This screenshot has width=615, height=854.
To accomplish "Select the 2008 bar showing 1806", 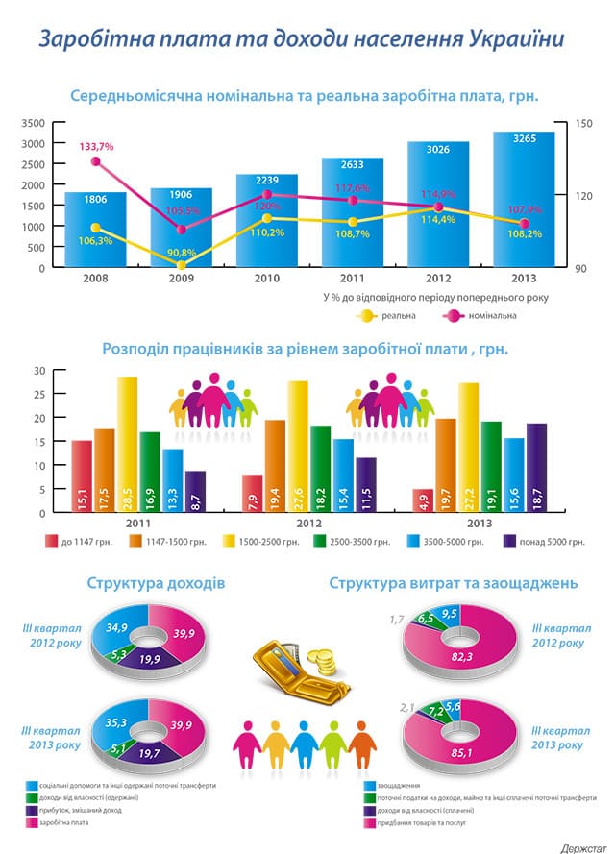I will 95,231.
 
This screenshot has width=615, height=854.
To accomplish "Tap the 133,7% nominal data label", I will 97,146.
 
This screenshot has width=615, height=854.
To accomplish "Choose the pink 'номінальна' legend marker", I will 452,315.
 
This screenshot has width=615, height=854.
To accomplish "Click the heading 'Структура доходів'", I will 156,583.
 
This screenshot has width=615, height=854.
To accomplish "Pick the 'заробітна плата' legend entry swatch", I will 33,822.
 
